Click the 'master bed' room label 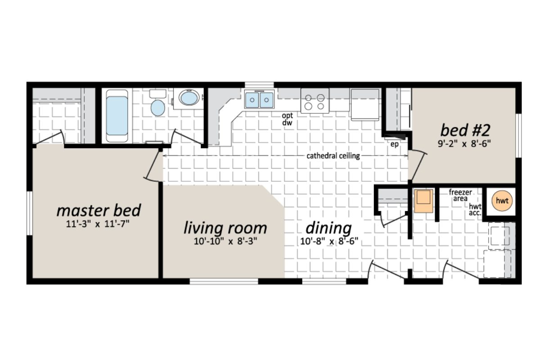click(99, 210)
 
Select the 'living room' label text click(225, 228)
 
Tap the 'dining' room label click(328, 228)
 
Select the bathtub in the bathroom click(117, 116)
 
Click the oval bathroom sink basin click(189, 98)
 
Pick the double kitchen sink click(259, 99)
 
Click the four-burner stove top click(315, 101)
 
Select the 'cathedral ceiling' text click(333, 156)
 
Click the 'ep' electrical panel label click(394, 144)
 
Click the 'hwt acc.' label click(475, 210)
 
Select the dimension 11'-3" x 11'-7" click(99, 223)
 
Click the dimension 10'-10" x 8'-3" click(225, 241)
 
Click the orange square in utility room click(423, 200)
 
